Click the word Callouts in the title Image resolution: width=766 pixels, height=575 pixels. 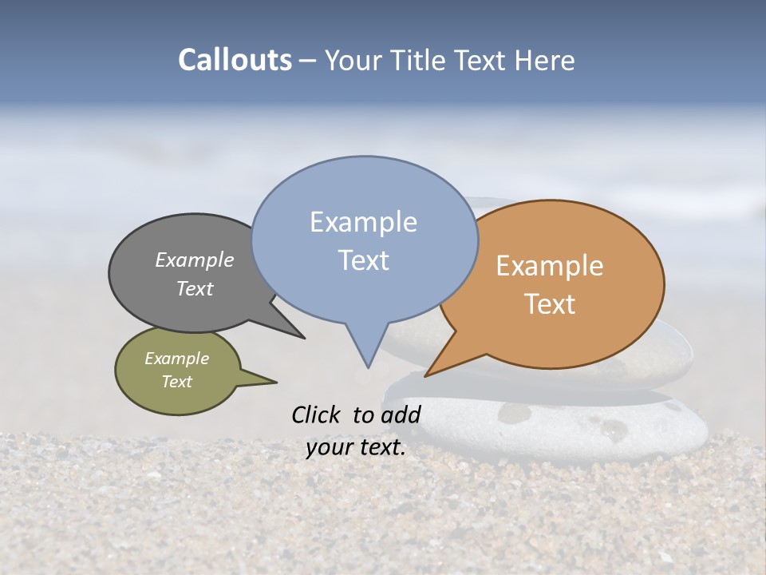pyautogui.click(x=235, y=60)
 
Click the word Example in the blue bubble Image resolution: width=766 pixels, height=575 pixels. pyautogui.click(x=363, y=222)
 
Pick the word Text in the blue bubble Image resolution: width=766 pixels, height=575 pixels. pyautogui.click(x=363, y=260)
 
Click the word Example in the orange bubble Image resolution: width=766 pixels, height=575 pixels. pyautogui.click(x=550, y=266)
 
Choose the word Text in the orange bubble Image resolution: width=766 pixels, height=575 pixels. pyautogui.click(x=550, y=304)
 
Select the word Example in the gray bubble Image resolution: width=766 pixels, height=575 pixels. pyautogui.click(x=194, y=260)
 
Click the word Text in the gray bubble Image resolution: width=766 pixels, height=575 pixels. pyautogui.click(x=194, y=288)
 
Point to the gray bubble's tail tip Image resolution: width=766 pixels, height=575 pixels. pyautogui.click(x=303, y=338)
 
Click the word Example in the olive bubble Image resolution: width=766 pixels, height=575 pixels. pyautogui.click(x=176, y=359)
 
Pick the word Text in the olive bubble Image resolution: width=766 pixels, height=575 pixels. pyautogui.click(x=176, y=382)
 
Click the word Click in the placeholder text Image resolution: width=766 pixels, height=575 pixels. pyautogui.click(x=318, y=414)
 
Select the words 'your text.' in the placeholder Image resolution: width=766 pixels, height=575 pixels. pyautogui.click(x=356, y=447)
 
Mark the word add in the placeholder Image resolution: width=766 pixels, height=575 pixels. pyautogui.click(x=401, y=414)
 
